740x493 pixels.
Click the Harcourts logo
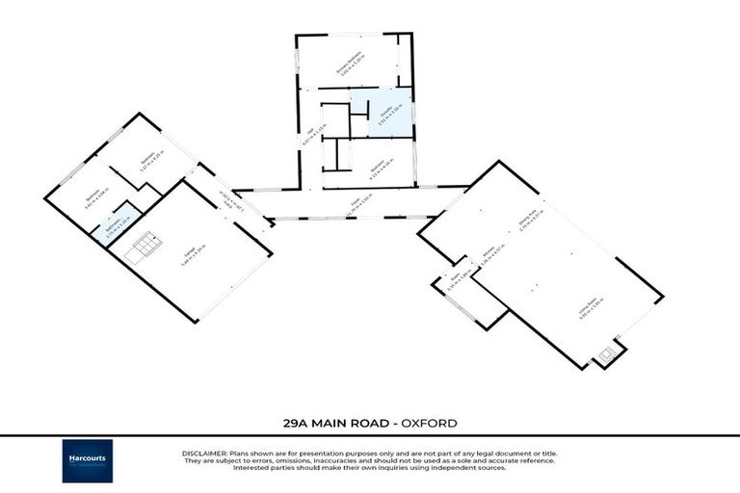tap(88, 460)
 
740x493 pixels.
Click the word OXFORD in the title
tap(429, 423)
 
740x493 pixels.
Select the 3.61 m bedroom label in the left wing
tap(92, 199)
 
